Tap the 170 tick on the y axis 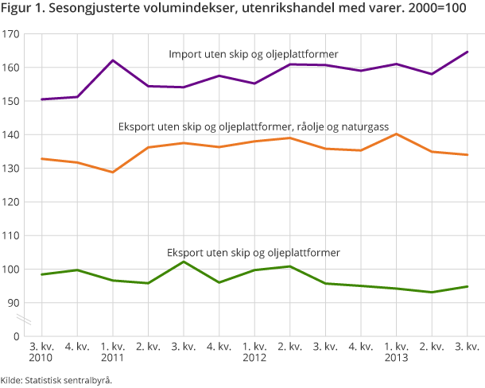tap(11, 35)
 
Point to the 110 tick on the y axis tap(11, 235)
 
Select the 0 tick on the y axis tap(16, 336)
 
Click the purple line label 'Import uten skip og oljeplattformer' tap(254, 54)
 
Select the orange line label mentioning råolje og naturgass tap(254, 126)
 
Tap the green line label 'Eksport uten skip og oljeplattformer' tap(254, 252)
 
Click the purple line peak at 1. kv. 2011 tap(113, 60)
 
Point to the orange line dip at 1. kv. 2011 tap(113, 172)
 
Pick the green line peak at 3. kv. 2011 tap(184, 262)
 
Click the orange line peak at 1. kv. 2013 tap(397, 134)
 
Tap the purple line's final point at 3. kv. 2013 tap(468, 52)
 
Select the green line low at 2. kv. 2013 tap(432, 292)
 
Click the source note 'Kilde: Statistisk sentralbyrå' tap(56, 380)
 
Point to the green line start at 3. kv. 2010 tap(42, 274)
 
